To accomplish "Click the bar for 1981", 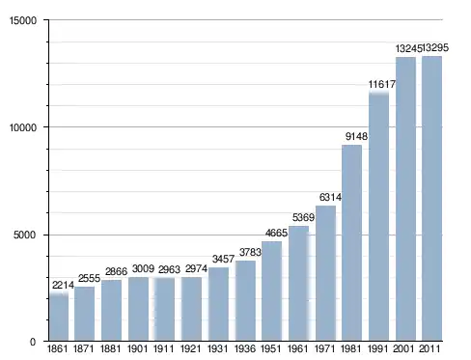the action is click(x=351, y=243).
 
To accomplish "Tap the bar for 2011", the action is click(x=431, y=199).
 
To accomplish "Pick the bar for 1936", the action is click(x=245, y=301).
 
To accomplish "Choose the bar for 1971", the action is click(x=325, y=273).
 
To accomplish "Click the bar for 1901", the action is click(x=138, y=309).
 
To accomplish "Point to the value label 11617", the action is click(x=382, y=84).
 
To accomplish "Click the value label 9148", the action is click(x=356, y=136).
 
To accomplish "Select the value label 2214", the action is click(x=63, y=285).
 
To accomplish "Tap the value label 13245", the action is click(x=408, y=48).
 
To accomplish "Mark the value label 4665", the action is click(x=276, y=233).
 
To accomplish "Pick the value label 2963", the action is click(x=169, y=269).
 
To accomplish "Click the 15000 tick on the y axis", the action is click(x=23, y=20).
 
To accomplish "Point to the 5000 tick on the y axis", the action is click(x=25, y=235).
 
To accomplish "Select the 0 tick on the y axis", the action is click(x=33, y=342).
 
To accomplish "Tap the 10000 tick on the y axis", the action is click(x=23, y=127).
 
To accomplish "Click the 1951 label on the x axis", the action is click(x=271, y=348).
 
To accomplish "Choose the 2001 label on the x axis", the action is click(x=403, y=348).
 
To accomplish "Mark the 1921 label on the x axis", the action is click(x=191, y=348).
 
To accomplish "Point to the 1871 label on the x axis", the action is click(x=84, y=348).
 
